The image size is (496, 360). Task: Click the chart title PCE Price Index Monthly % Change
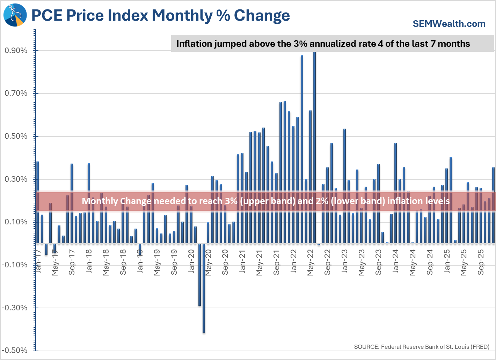[x=161, y=16]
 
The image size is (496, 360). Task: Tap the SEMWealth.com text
[x=449, y=24]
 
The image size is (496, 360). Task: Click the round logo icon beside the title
[x=15, y=15]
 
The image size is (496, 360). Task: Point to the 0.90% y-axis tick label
[x=16, y=51]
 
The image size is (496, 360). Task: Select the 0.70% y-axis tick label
[x=16, y=93]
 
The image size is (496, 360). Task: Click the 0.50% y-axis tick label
[x=16, y=136]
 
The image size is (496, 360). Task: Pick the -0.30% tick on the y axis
[x=15, y=308]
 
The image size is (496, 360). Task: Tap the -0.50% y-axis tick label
[x=15, y=351]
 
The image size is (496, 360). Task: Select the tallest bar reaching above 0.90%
[x=314, y=147]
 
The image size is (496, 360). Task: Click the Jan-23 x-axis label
[x=345, y=261]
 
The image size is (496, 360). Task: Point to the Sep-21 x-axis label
[x=277, y=262]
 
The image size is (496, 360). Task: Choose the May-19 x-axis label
[x=157, y=262]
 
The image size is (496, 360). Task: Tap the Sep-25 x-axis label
[x=481, y=262]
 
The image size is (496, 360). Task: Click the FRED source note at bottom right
[x=422, y=347]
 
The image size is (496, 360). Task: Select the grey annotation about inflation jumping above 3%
[x=323, y=44]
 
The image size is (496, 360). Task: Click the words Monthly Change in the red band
[x=108, y=201]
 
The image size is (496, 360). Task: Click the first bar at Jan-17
[x=38, y=203]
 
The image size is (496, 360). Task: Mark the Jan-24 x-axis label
[x=396, y=261]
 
